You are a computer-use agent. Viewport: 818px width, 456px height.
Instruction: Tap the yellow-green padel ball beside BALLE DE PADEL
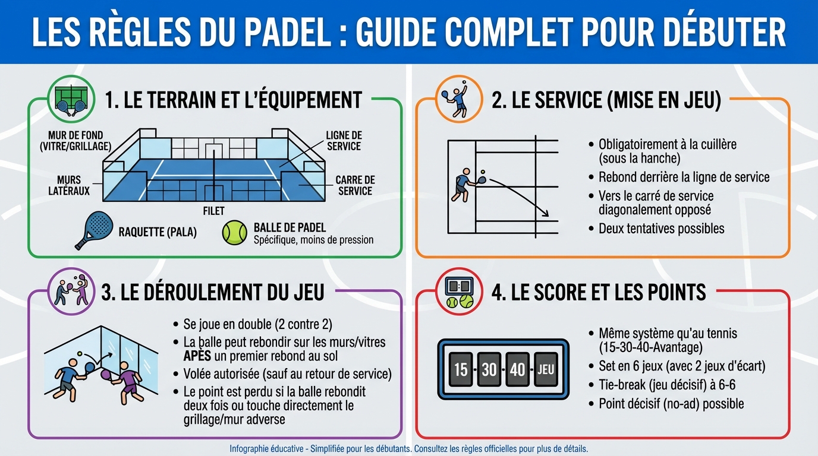234,233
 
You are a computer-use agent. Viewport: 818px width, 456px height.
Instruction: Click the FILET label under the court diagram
214,211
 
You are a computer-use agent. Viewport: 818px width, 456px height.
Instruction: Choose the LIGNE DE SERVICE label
344,141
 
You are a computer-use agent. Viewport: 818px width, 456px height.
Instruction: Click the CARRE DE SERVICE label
355,185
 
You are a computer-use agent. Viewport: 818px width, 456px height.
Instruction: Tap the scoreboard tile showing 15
461,369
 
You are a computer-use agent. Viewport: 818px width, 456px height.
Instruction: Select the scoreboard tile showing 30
489,369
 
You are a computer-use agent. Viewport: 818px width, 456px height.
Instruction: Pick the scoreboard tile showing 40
517,369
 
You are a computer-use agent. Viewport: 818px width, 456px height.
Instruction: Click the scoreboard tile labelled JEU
545,369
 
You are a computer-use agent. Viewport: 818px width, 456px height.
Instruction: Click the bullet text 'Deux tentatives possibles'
661,229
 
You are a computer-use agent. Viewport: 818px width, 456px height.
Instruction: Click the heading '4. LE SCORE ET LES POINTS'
599,292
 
